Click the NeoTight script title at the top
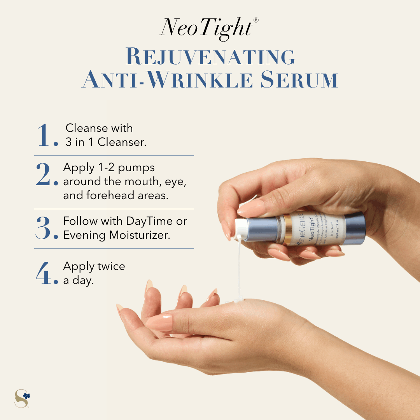point(206,28)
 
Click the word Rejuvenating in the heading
point(210,57)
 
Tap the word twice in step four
point(110,266)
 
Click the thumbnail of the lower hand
point(159,322)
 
